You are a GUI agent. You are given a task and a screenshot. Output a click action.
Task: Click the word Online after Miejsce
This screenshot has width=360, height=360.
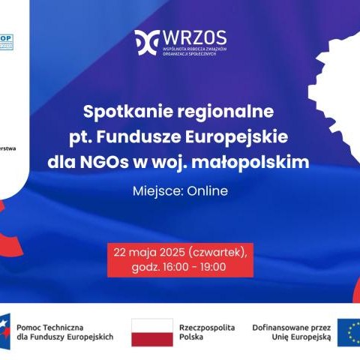208,191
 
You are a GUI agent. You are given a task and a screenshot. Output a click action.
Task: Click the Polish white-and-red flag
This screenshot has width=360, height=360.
151,332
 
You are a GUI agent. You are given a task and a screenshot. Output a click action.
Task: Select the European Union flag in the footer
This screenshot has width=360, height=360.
349,332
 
